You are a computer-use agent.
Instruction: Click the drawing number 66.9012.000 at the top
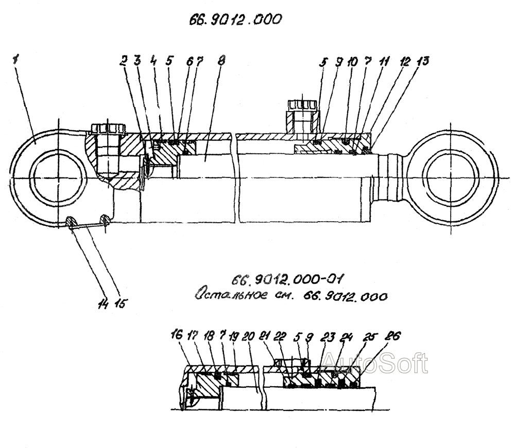pos(235,20)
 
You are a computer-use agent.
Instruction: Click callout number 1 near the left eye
pos(15,60)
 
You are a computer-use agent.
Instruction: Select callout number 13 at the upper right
pos(423,61)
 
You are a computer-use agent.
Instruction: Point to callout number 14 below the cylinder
pos(103,304)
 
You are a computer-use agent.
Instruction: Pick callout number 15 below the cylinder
pos(120,303)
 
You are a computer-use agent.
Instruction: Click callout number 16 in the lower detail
pos(176,335)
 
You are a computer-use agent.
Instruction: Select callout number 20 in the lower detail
pos(249,336)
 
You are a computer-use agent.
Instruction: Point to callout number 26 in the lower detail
pos(394,336)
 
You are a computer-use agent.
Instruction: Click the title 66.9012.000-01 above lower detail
pos(287,280)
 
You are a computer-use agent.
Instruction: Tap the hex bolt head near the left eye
pos(108,128)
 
